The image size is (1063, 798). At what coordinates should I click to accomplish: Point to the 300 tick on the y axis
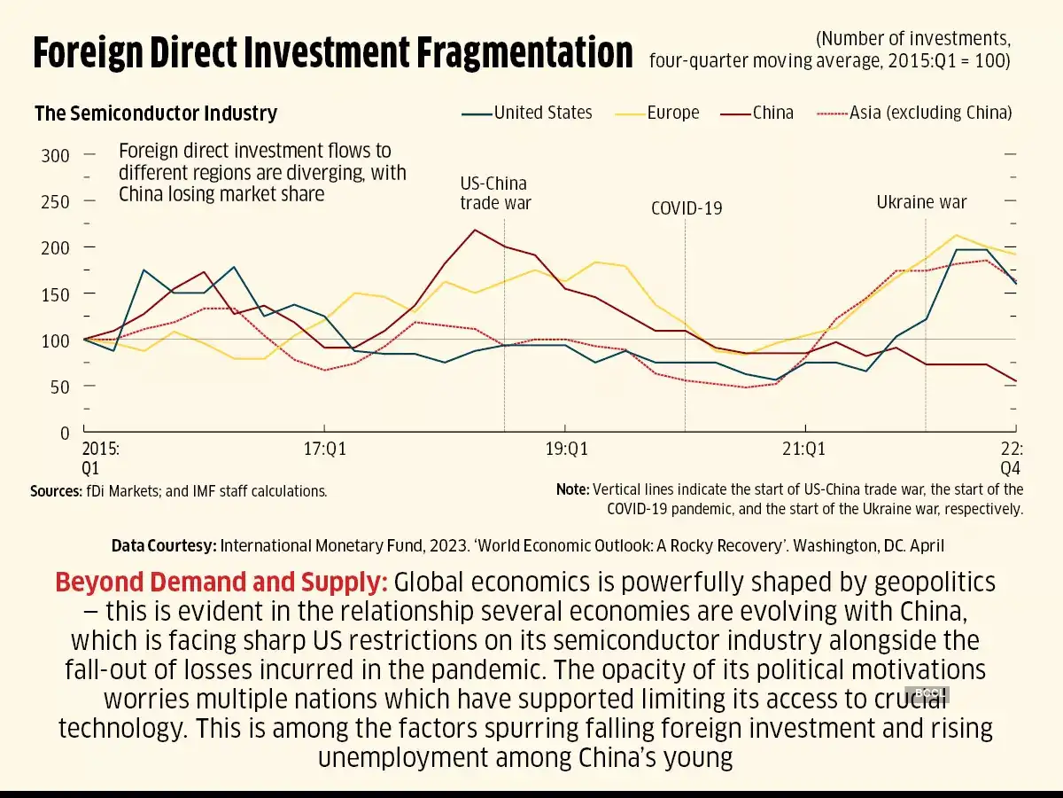click(55, 156)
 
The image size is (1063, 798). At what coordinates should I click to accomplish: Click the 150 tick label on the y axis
click(55, 294)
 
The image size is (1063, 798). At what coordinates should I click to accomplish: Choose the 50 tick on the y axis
click(58, 387)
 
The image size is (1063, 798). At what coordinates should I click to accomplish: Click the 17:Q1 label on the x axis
click(324, 450)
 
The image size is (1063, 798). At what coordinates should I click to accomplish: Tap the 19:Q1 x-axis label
click(567, 450)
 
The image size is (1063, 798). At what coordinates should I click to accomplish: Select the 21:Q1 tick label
click(804, 450)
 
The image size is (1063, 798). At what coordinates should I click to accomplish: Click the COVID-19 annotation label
click(687, 208)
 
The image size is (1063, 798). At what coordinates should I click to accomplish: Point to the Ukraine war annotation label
click(921, 202)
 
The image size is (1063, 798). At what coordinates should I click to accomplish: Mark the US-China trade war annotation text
click(495, 193)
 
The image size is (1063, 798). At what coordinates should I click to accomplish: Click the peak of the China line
click(476, 231)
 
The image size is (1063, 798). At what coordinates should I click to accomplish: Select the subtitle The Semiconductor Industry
click(156, 113)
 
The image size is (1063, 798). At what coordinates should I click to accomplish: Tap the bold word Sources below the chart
click(56, 490)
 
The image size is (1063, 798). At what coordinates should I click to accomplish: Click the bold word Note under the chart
click(572, 489)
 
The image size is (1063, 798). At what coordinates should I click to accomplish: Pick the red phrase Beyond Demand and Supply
click(221, 583)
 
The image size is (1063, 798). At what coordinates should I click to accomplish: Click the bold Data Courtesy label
click(163, 545)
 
